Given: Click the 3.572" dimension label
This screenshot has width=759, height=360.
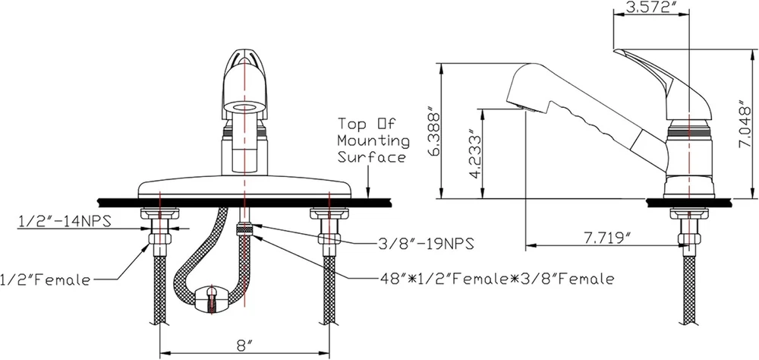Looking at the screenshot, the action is click(x=650, y=7).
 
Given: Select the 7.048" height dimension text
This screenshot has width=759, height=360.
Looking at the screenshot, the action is click(x=747, y=127).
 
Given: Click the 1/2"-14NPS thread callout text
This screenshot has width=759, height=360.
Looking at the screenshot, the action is click(x=65, y=221).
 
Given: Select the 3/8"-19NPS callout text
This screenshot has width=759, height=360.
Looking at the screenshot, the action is click(x=424, y=244).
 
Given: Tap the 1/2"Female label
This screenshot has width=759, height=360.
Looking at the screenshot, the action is click(x=45, y=279).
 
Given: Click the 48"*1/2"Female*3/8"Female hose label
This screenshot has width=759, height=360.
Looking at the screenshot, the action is click(x=497, y=279).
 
